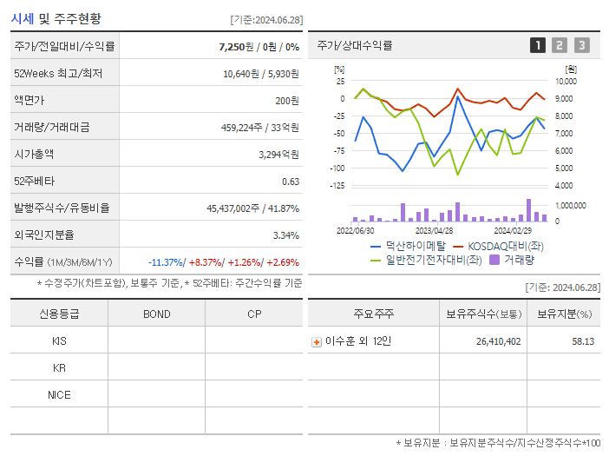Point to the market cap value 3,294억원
tap(278, 155)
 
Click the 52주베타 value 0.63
tap(291, 182)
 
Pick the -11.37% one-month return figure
tap(165, 262)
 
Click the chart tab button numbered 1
tap(538, 45)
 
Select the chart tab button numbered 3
tap(581, 45)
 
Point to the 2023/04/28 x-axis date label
tap(435, 231)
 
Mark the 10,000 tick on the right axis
tap(565, 81)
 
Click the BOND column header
tap(156, 314)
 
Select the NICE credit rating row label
tap(59, 394)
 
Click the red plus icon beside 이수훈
tap(317, 341)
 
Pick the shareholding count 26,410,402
tap(498, 341)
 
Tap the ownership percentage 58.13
tap(582, 341)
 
